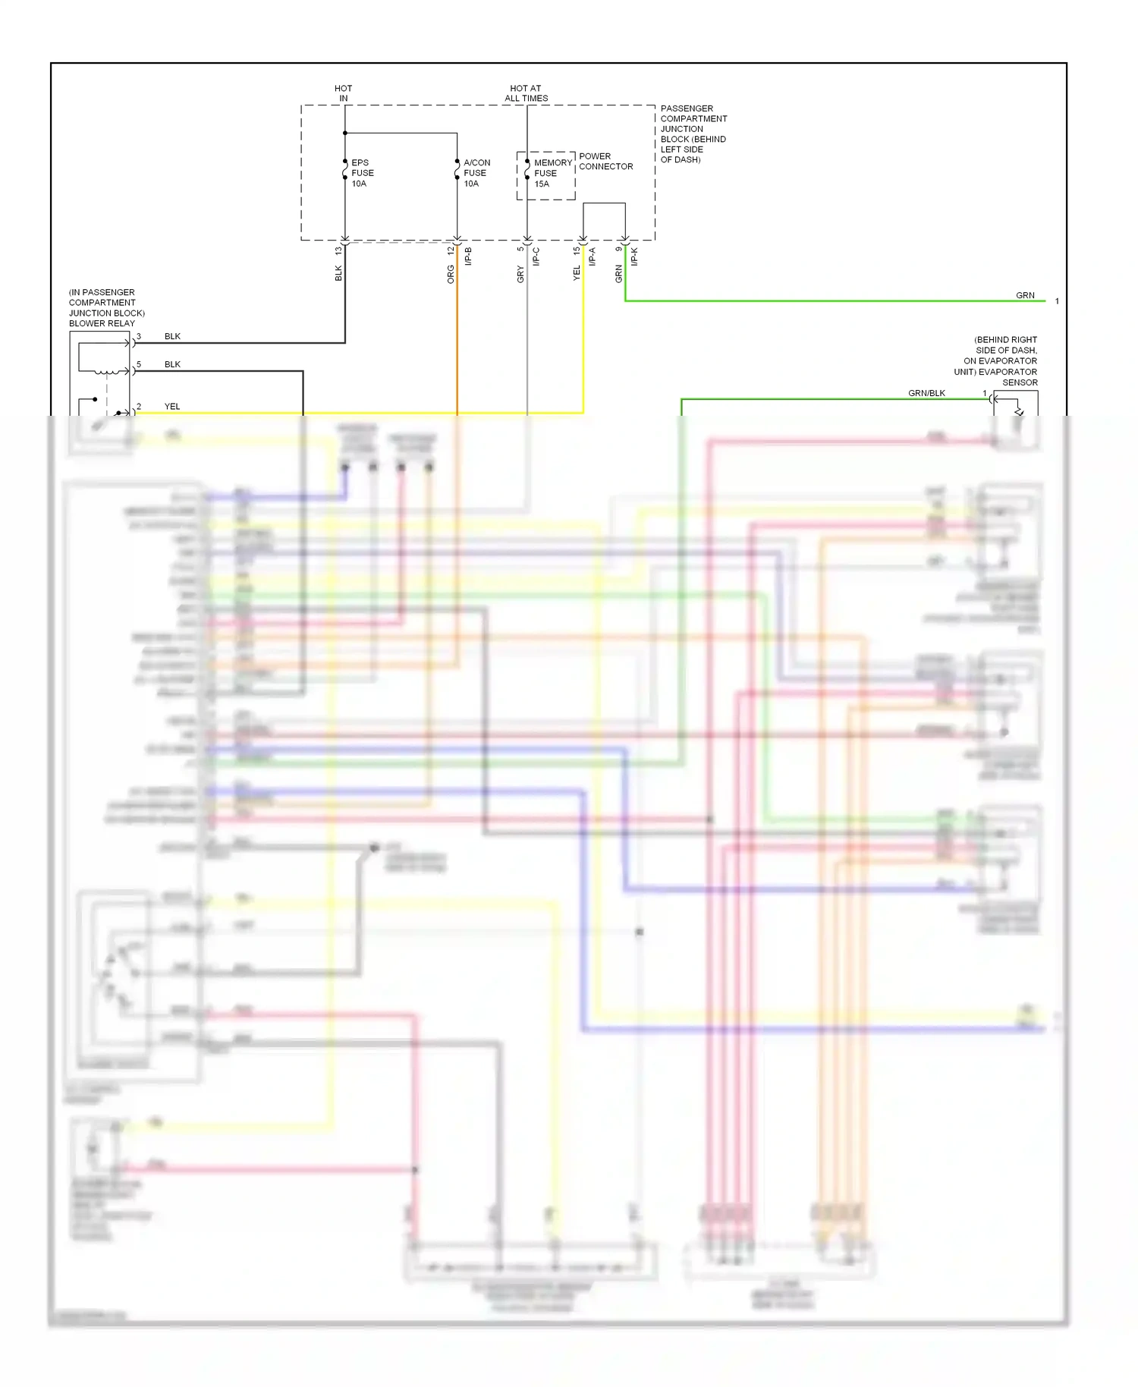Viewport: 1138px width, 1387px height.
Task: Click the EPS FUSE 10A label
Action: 362,173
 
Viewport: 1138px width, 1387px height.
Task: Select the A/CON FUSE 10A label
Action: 476,173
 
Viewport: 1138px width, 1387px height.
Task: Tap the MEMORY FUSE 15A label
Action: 552,173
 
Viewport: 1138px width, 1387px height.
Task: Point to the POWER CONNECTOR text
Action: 605,161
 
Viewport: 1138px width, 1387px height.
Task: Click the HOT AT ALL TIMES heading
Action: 526,93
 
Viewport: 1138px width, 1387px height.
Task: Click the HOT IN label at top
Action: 343,93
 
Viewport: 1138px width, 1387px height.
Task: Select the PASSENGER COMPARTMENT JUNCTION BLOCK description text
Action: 693,134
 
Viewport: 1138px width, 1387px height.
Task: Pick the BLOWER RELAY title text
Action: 102,323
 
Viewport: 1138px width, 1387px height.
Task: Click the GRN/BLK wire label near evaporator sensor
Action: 926,393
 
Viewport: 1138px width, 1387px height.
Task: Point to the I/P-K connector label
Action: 634,257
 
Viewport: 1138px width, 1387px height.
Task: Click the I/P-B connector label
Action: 468,257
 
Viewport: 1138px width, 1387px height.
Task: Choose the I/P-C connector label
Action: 536,257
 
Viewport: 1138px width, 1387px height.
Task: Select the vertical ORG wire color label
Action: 451,275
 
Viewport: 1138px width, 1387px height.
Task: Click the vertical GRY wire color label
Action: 520,275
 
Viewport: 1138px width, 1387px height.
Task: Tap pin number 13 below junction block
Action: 338,250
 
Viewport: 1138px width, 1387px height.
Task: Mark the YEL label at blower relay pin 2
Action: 172,407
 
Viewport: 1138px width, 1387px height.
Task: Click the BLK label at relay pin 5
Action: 172,364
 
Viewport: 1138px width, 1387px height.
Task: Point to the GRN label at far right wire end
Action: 1025,295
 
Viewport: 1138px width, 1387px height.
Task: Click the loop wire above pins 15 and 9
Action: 605,203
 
